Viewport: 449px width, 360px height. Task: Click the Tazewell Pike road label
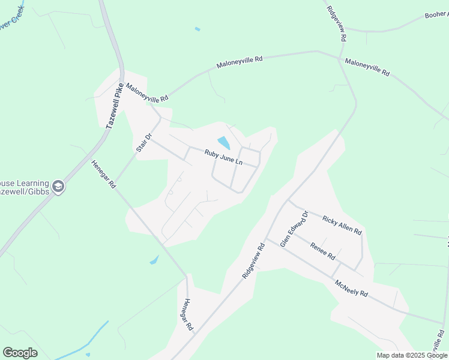coord(115,106)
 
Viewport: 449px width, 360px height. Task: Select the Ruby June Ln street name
coord(223,157)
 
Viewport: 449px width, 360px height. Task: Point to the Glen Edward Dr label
coord(294,229)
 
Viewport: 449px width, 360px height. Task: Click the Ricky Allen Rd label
coord(342,225)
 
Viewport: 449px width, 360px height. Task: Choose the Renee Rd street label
coord(322,250)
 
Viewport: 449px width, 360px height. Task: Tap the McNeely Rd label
coord(351,288)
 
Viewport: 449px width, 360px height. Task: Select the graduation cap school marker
coord(58,187)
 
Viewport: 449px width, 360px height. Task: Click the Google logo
coord(20,353)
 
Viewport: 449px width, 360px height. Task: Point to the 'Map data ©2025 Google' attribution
coord(412,355)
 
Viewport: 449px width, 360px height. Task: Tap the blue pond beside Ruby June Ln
coord(223,143)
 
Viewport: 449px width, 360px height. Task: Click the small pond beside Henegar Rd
coord(154,260)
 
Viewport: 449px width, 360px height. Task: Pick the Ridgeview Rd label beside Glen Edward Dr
coord(253,260)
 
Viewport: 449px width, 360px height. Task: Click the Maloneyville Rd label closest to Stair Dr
coord(147,93)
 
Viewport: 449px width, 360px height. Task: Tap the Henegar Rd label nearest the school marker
coord(103,175)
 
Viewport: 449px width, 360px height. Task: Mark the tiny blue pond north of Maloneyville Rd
coord(197,29)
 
